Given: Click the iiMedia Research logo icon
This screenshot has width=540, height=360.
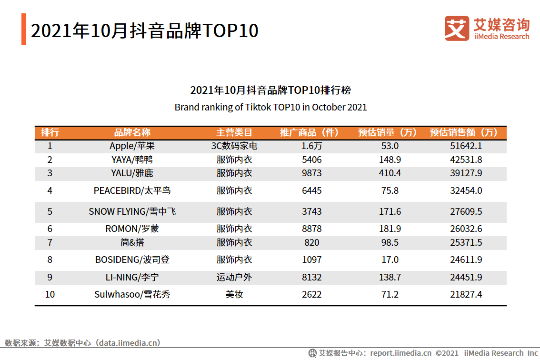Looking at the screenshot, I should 456,29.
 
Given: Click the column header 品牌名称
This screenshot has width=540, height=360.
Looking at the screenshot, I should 132,132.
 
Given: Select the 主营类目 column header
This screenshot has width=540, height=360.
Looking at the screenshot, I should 234,132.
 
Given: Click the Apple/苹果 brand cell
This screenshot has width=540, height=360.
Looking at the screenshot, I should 132,146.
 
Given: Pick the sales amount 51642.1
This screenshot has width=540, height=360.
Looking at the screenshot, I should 466,146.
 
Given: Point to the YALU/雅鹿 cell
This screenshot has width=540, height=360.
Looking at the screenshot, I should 132,173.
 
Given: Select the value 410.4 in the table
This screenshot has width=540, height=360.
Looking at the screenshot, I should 390,173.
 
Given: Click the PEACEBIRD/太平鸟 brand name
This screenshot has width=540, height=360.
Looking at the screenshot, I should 132,191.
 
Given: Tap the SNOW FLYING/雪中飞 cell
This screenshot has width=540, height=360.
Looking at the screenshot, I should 132,211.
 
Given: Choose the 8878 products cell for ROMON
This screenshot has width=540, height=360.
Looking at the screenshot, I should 312,229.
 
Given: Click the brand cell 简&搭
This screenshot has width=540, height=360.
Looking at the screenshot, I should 132,242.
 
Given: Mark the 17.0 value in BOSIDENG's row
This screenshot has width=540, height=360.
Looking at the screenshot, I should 390,260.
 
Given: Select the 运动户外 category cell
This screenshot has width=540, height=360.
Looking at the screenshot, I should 234,277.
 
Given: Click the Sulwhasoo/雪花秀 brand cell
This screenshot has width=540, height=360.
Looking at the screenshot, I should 132,294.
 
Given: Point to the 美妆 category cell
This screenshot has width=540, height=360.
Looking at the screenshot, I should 234,294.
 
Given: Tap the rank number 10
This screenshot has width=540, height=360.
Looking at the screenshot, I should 50,294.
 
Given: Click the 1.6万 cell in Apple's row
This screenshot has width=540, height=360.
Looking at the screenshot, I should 312,146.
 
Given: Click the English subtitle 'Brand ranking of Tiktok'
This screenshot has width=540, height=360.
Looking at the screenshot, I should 270,107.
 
